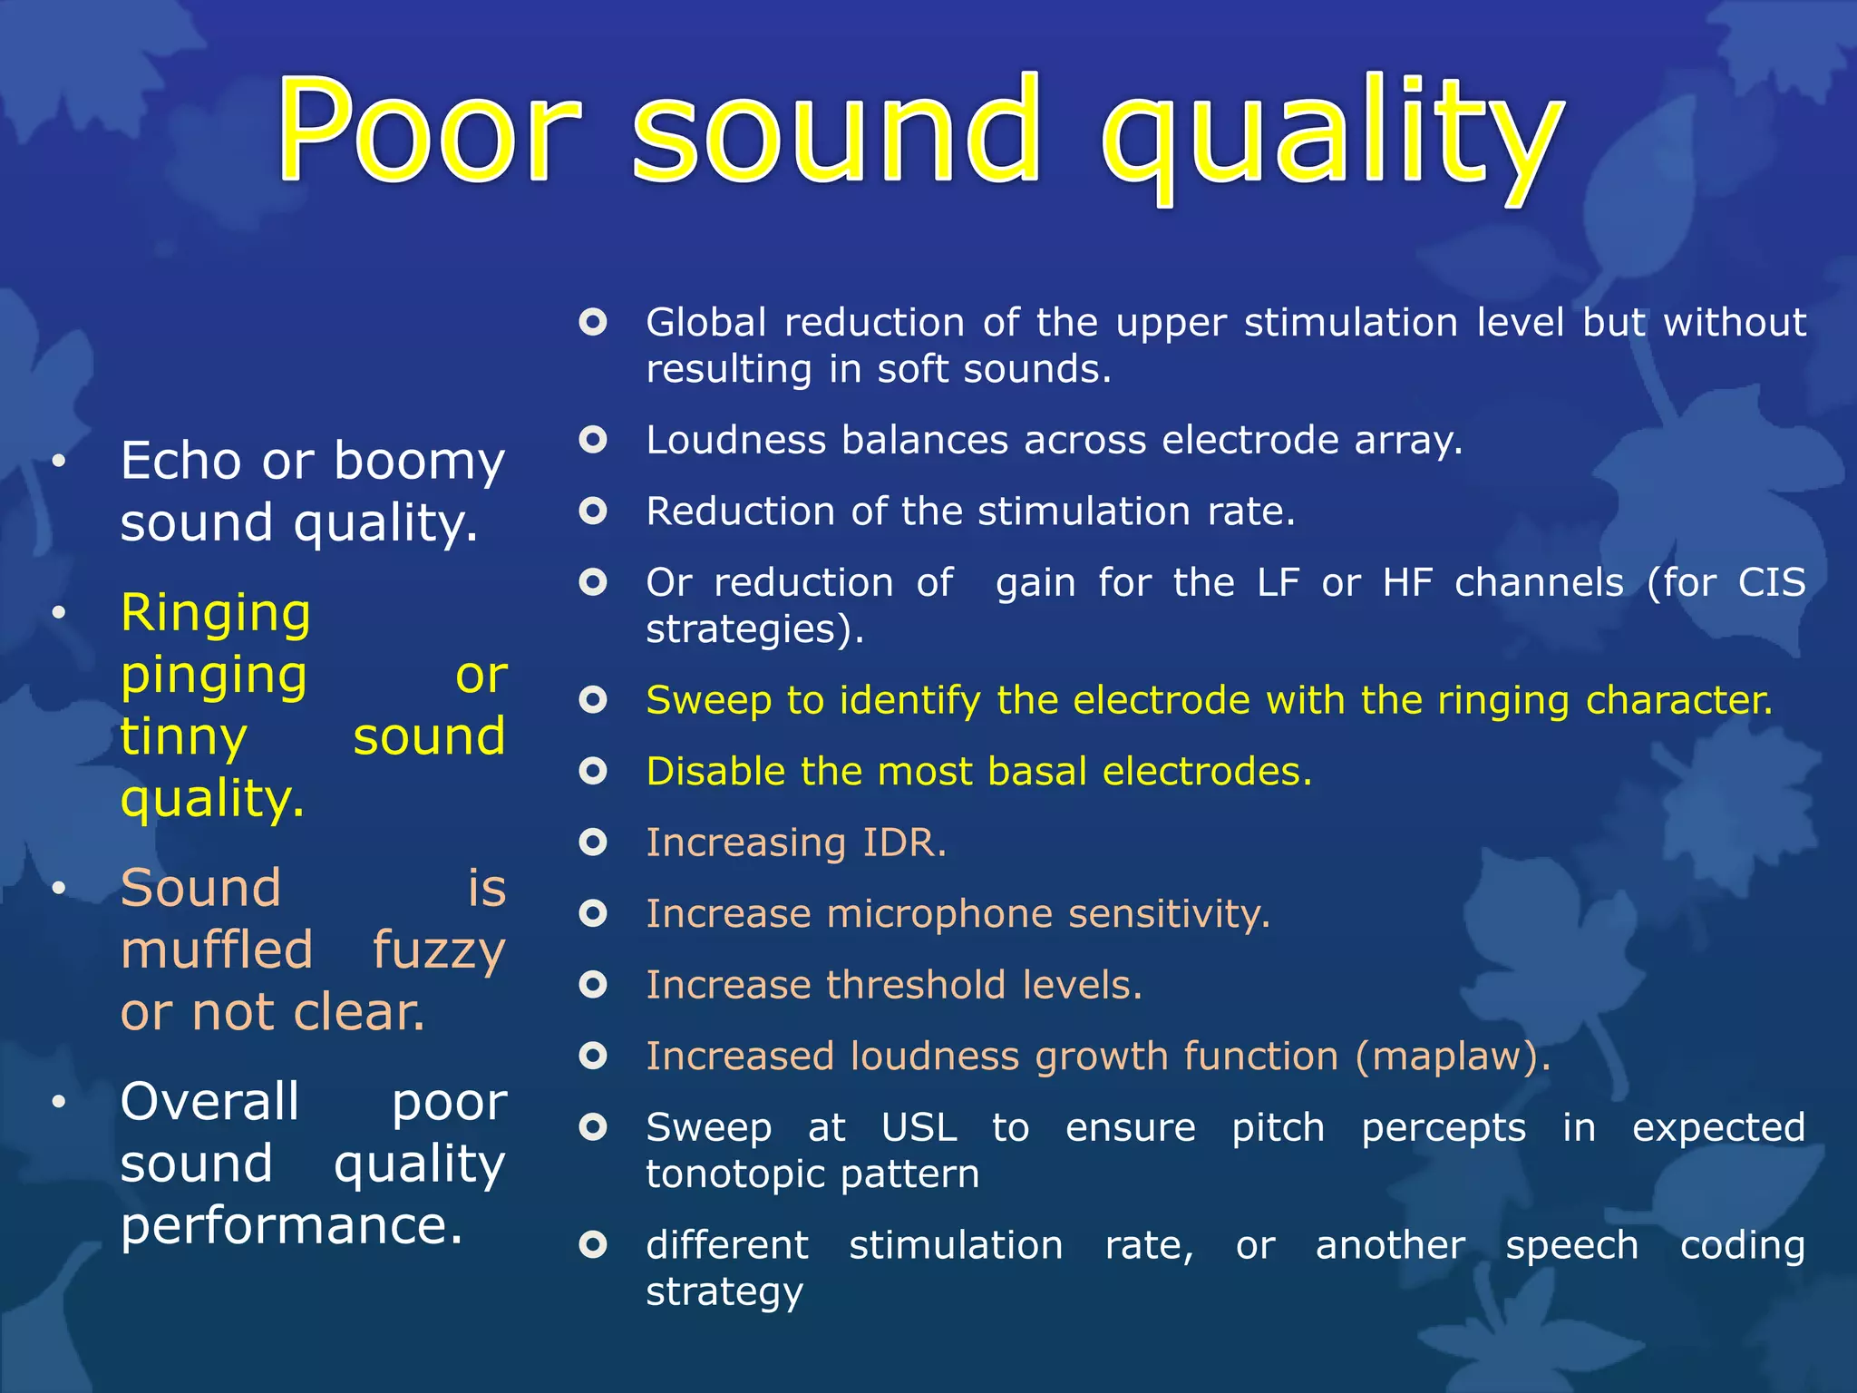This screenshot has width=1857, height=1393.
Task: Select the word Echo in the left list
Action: coord(181,461)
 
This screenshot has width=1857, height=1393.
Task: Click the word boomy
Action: coord(419,461)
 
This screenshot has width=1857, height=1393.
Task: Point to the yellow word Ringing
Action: coord(216,613)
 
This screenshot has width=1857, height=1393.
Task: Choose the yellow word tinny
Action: coord(183,736)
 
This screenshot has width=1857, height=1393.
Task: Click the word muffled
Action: coord(217,950)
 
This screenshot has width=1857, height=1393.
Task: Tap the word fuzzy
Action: coord(439,950)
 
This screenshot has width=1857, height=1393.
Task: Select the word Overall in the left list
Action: coord(209,1102)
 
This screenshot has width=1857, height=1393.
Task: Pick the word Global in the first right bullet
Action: coord(706,323)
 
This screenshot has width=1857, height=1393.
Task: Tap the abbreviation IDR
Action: coord(904,843)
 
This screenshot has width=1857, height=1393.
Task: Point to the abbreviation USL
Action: coord(919,1127)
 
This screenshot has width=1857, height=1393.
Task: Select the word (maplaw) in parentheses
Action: coord(1453,1057)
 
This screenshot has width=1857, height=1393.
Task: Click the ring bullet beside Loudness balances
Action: coord(593,440)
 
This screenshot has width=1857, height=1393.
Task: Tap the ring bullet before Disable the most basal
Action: coord(593,771)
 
